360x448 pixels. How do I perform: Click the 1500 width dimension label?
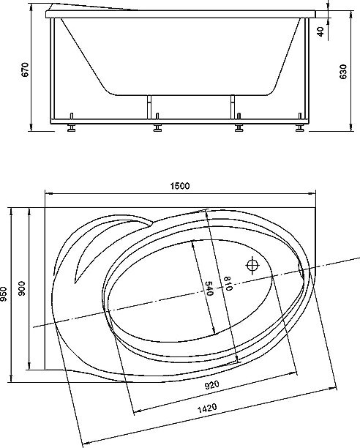pos(180,186)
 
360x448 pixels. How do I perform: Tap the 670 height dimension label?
pos(26,70)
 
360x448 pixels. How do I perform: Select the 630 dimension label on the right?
pos(343,72)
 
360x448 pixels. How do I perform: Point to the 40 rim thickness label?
pos(320,31)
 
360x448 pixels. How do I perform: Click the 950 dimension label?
pos(4,294)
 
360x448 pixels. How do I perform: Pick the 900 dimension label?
pos(22,288)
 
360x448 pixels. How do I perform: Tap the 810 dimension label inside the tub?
pos(228,283)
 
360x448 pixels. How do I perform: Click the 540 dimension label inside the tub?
pos(210,288)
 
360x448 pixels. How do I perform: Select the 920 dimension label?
pos(212,385)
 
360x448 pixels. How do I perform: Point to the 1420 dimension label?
pos(207,408)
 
